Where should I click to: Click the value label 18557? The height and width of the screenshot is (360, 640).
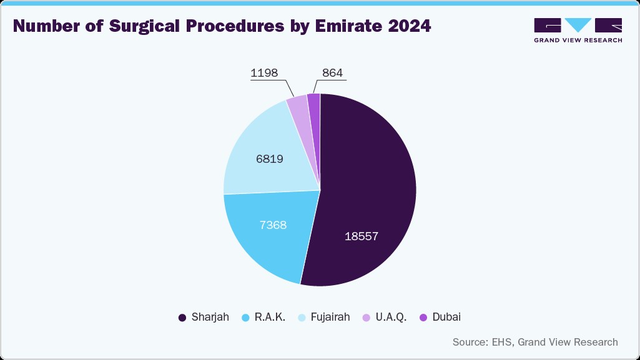(362, 236)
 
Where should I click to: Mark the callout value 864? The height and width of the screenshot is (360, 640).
(332, 73)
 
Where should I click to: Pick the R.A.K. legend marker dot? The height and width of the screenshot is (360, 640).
(245, 318)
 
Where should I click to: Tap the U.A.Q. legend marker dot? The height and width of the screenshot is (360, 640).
(366, 318)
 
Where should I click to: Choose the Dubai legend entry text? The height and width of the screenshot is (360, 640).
(446, 317)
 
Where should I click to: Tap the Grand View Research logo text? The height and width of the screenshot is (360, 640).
(578, 40)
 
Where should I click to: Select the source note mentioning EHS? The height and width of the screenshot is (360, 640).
(535, 342)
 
